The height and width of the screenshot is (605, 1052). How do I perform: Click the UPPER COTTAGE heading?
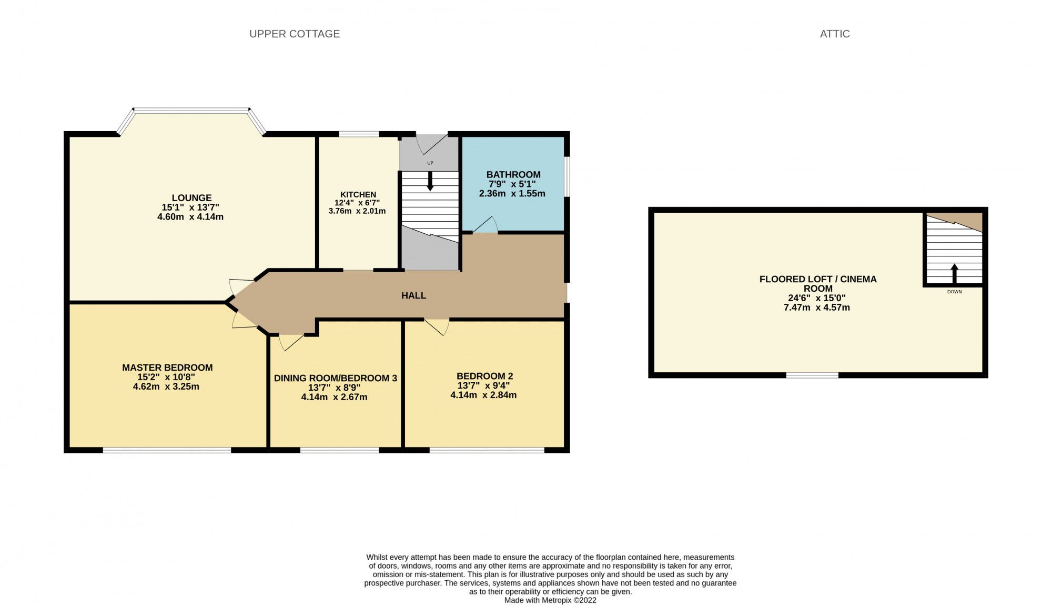coord(294,34)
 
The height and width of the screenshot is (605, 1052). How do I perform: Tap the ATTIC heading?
coord(834,34)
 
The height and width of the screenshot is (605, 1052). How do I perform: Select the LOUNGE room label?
coord(191,198)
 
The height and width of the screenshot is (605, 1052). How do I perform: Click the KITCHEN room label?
coord(358,194)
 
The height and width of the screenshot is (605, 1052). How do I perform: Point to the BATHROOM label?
coord(513,174)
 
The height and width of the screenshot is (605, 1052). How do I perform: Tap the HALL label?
coord(413,295)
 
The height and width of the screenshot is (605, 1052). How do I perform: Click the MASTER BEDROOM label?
coord(167,368)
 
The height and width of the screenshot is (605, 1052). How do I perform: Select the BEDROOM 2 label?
coord(484,376)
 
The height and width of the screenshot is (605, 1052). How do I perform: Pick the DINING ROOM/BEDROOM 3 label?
coord(335,378)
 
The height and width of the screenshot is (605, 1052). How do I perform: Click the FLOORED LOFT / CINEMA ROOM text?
coord(817,284)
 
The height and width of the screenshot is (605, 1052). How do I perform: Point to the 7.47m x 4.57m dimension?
coord(816,308)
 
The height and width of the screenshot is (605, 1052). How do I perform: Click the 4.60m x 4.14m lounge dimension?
coord(190,217)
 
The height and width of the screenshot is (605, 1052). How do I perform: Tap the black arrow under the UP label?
coord(430,182)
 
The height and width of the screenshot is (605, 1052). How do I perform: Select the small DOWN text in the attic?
coord(954,292)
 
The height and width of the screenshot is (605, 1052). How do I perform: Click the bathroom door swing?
coord(487,225)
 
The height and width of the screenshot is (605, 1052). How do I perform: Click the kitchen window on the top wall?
coord(359,134)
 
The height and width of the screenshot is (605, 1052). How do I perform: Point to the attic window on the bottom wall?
coord(812,375)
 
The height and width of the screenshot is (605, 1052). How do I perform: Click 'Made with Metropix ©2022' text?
coord(550,600)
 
